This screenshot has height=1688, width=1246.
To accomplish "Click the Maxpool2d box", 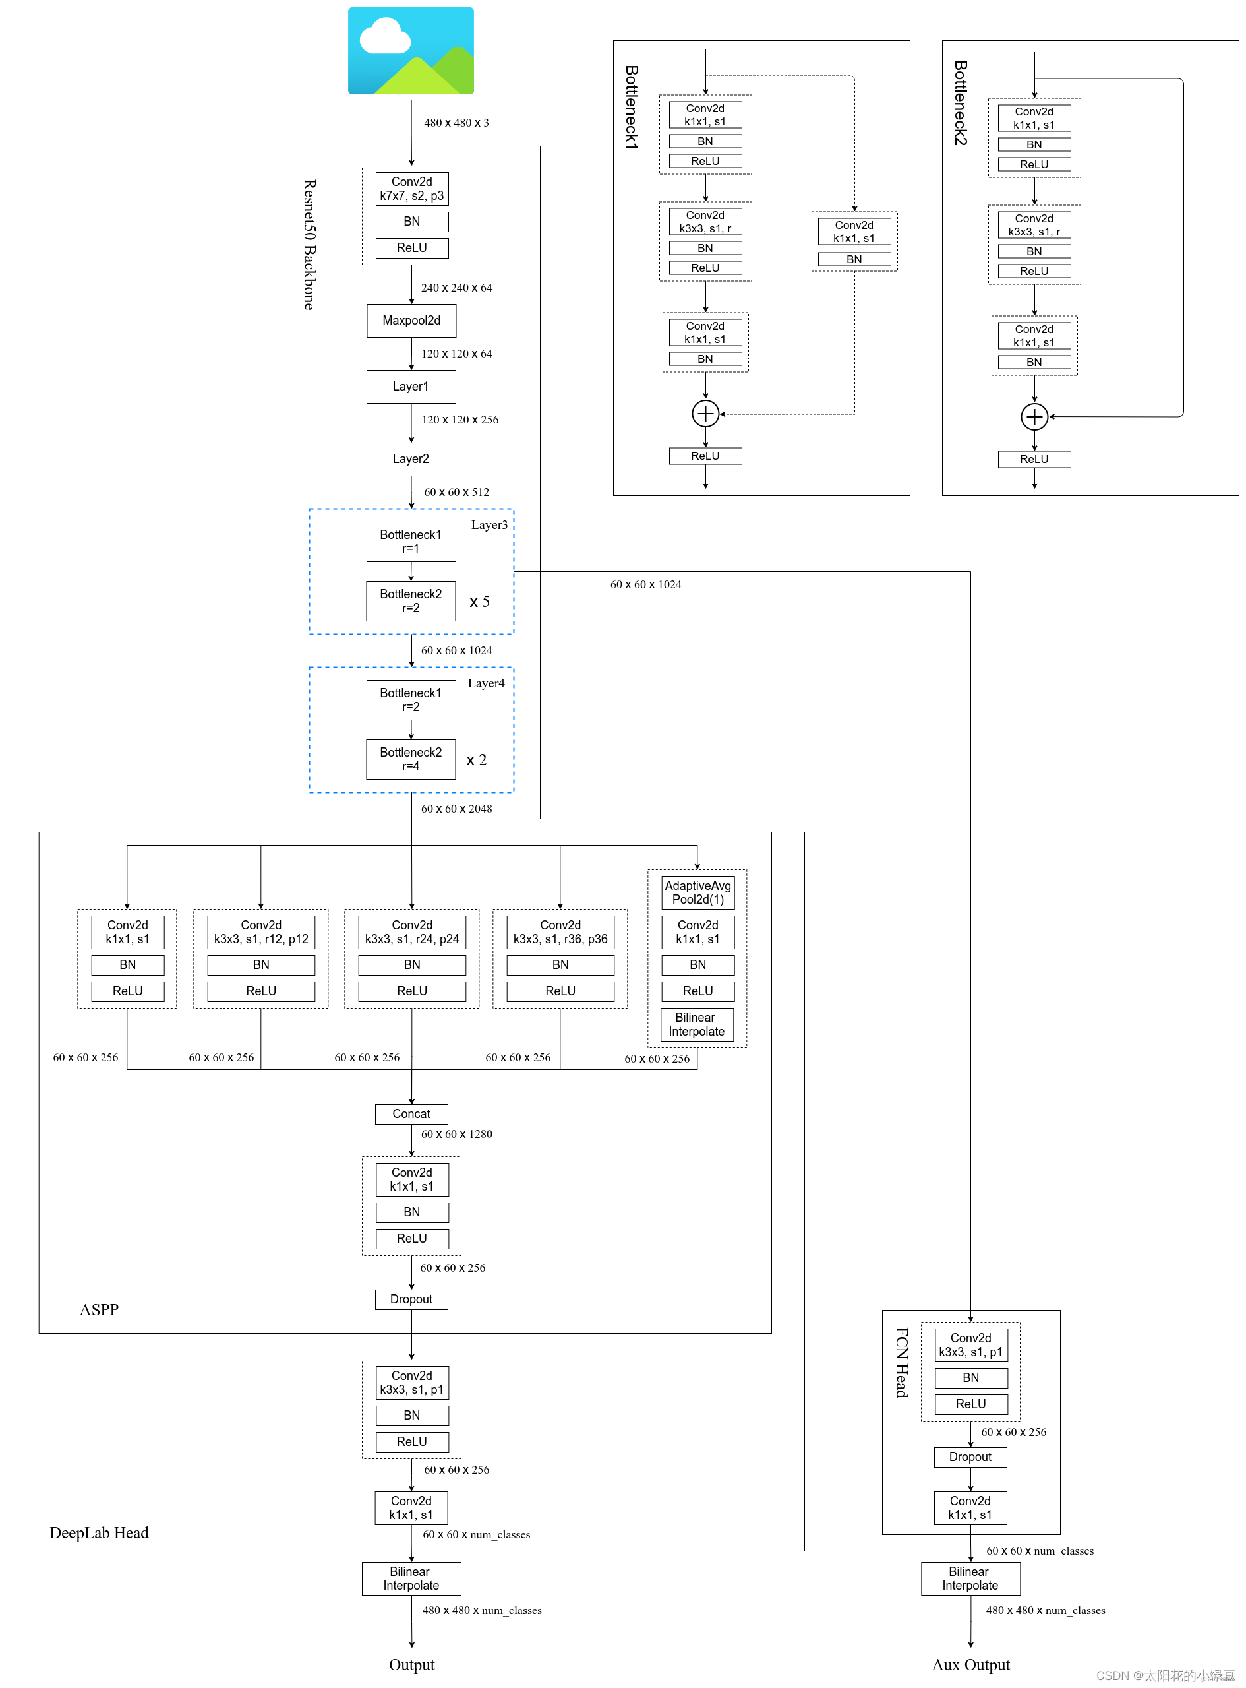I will (411, 321).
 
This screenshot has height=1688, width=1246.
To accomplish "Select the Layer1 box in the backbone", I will (411, 387).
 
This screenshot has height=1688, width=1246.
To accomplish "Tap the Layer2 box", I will (411, 459).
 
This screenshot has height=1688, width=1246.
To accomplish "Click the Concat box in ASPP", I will (411, 1113).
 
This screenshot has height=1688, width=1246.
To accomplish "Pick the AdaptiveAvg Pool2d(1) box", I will (697, 892).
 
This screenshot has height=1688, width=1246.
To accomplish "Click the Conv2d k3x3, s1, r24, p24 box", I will (412, 932).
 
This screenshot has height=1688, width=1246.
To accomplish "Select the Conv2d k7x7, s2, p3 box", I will (412, 189).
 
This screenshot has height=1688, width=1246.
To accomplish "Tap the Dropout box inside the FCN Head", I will (970, 1457).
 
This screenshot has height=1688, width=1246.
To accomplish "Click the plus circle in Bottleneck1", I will (705, 414).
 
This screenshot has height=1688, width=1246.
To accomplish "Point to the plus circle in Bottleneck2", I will (1034, 416).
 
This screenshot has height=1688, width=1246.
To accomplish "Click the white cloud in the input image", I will (384, 38).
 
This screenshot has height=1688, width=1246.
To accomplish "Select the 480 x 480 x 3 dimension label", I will (456, 123).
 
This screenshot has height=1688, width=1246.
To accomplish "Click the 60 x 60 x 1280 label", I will (456, 1134).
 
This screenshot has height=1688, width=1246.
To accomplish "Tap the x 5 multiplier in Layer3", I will (480, 602).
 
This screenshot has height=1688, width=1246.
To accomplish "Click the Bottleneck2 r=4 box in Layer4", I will (411, 759).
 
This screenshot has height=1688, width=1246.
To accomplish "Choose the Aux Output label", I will (970, 1665).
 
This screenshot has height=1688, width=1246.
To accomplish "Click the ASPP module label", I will (99, 1310).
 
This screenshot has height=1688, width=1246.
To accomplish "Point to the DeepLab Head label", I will (99, 1532).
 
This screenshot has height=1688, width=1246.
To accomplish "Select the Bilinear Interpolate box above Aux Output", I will (970, 1579).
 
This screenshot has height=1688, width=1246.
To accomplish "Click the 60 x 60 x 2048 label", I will (456, 809).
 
